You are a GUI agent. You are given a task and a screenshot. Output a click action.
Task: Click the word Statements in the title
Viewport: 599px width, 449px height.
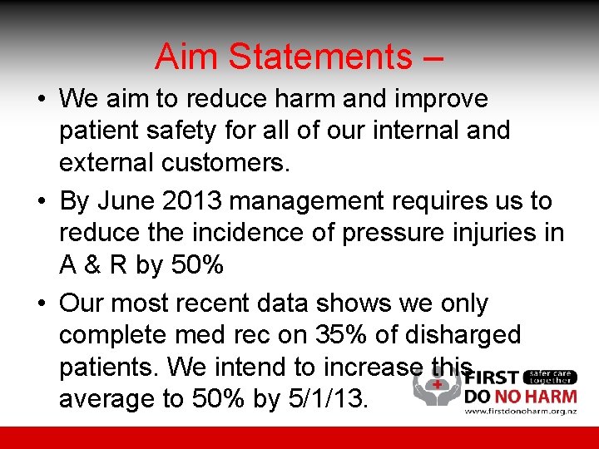[319, 57]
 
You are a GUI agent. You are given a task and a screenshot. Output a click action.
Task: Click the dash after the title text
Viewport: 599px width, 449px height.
[433, 58]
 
